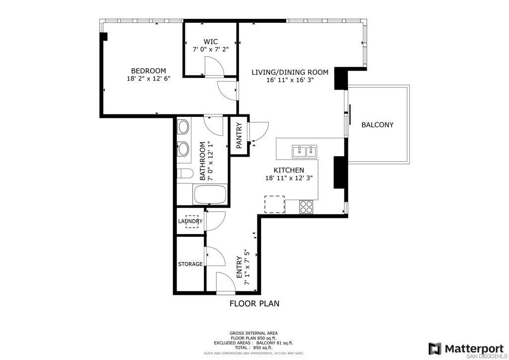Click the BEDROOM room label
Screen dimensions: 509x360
point(148,71)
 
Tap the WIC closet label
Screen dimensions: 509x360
point(211,42)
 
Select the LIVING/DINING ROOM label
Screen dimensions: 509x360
point(290,72)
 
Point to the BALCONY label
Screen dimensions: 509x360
point(377,125)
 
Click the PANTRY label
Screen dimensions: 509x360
point(239,135)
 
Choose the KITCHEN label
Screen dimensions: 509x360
point(289,170)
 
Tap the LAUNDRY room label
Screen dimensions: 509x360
point(190,221)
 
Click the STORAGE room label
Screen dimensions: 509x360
point(190,264)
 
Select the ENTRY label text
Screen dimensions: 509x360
point(239,267)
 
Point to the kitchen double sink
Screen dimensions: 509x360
point(305,152)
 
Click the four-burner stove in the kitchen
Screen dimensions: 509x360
point(306,207)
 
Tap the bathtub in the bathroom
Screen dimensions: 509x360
point(210,194)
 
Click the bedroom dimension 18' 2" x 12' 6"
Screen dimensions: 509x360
point(148,79)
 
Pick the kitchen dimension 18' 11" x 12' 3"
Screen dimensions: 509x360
point(289,178)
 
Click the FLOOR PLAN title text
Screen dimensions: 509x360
point(254,303)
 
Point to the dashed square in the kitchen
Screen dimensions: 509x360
point(274,204)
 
